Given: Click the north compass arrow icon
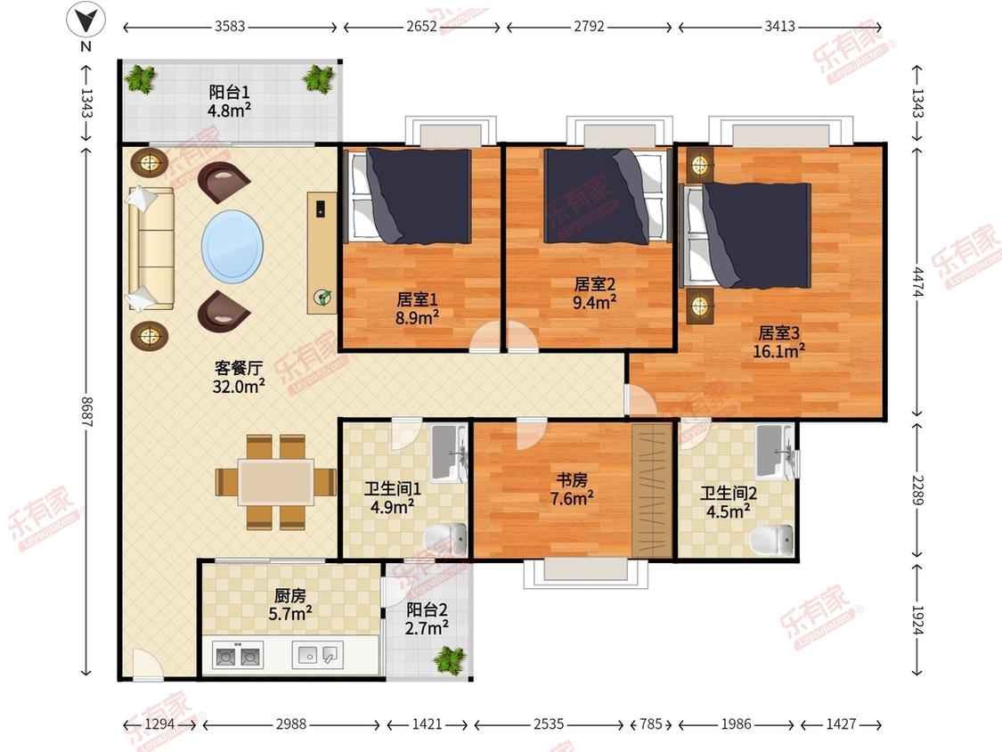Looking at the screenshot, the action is click(x=86, y=20).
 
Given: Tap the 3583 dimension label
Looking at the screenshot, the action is click(x=230, y=26).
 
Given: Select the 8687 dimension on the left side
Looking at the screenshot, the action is click(x=87, y=412).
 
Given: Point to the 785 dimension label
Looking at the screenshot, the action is click(x=650, y=723).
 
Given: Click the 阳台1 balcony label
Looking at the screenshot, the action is click(x=229, y=92).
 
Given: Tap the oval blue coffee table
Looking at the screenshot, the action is click(x=232, y=247).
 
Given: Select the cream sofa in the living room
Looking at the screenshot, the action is click(x=151, y=249).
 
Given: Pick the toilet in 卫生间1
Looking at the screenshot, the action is click(x=446, y=535).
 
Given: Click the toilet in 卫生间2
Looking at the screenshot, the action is click(x=771, y=538).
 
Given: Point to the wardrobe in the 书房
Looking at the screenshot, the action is click(x=653, y=489).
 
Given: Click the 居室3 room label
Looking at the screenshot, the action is click(x=778, y=332).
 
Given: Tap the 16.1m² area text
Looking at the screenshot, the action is click(x=778, y=350).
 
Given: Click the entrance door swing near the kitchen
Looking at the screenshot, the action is click(x=147, y=665).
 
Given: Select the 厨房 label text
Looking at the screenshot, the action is click(x=289, y=596).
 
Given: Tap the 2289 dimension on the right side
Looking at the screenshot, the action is click(x=917, y=489).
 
